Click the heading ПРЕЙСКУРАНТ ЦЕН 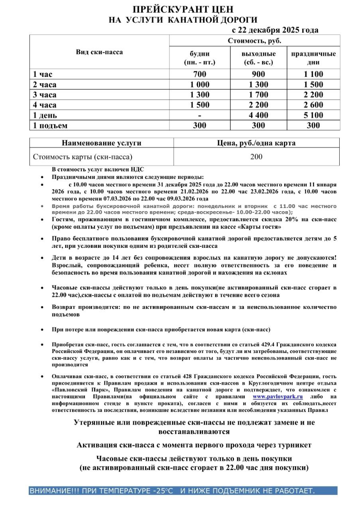183,10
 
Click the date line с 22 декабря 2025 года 275,30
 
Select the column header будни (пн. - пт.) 200,58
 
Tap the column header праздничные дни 313,58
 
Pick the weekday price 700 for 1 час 200,74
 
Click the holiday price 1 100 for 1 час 313,74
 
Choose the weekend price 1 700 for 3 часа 258,95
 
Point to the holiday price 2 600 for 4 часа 313,105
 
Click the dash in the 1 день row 200,116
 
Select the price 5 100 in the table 313,116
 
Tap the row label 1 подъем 50,126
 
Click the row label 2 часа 45,84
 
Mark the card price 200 256,157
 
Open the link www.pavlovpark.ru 278,386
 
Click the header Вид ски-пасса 100,52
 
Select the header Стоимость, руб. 255,41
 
